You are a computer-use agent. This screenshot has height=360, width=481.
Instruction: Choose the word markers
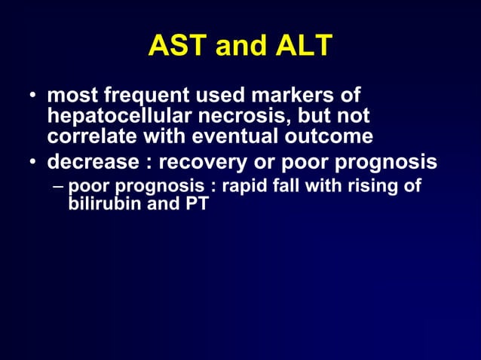pyautogui.click(x=310, y=96)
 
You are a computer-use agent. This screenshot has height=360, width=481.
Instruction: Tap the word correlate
pyautogui.click(x=87, y=137)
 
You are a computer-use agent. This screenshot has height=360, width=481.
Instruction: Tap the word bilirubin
pyautogui.click(x=94, y=202)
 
